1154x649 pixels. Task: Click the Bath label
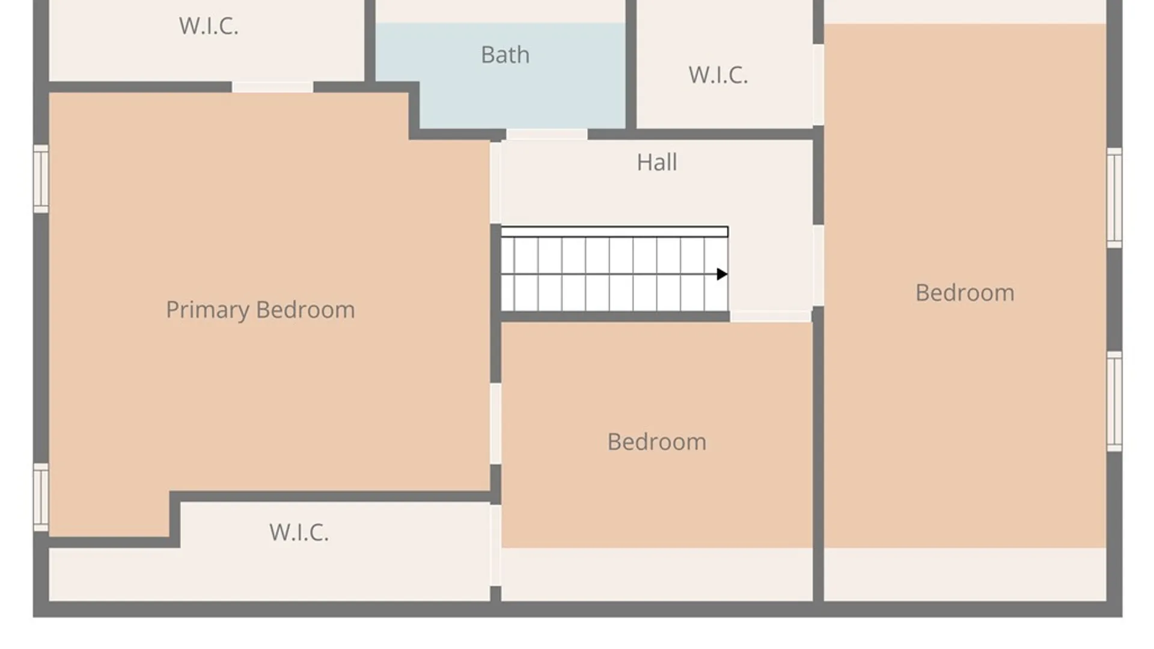point(505,55)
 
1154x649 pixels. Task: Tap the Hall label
point(657,162)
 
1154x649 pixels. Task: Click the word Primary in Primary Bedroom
point(207,310)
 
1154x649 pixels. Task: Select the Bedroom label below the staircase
point(657,442)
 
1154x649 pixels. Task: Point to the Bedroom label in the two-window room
point(965,293)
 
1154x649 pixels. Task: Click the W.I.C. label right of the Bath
point(718,75)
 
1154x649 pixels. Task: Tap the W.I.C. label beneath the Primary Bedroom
point(299,532)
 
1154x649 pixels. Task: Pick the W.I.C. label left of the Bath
point(209,26)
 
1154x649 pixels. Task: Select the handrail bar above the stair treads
point(614,232)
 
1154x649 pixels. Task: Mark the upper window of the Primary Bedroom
point(41,178)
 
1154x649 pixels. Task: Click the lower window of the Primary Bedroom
point(41,497)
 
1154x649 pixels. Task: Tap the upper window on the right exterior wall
point(1114,198)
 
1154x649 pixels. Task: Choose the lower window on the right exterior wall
point(1114,401)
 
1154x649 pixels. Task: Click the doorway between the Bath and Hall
point(547,135)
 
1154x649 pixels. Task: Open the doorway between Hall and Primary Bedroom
point(495,183)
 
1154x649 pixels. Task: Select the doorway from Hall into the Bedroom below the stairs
point(771,316)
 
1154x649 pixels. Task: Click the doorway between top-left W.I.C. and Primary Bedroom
point(272,88)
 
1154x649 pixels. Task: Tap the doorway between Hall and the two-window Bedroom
point(818,265)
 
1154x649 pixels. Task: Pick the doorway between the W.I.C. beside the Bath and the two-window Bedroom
point(818,85)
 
